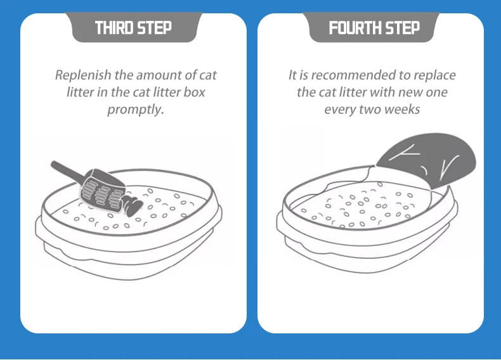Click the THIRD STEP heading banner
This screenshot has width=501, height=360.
click(133, 28)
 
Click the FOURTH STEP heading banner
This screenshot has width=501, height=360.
click(374, 28)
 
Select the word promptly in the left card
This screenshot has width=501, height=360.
click(136, 109)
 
